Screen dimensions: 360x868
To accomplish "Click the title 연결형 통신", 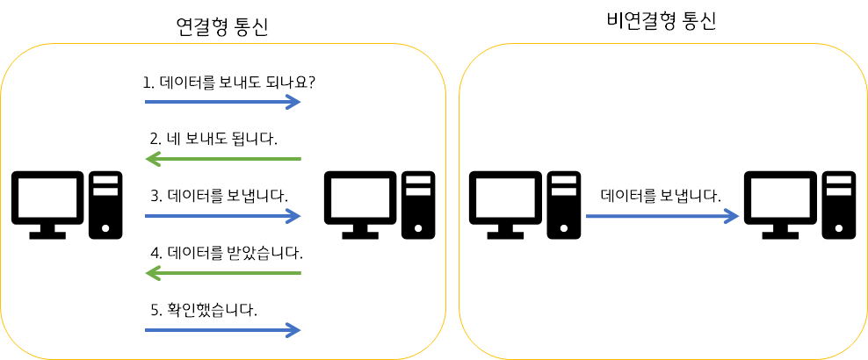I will tap(221, 27).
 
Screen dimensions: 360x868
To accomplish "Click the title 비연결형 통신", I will tap(661, 21).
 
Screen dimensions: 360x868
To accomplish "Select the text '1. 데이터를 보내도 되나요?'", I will tap(228, 83).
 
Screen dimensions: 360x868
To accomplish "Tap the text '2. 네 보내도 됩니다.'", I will tap(213, 139).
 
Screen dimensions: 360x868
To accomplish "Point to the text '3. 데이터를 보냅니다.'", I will tap(219, 196).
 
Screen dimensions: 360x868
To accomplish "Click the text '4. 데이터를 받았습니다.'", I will tap(226, 254).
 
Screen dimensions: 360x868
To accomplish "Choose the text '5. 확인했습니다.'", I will tap(204, 309).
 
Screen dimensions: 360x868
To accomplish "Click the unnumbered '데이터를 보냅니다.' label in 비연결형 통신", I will tap(661, 195).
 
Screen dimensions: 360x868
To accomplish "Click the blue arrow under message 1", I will tap(223, 102).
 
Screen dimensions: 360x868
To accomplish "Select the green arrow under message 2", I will tap(223, 159).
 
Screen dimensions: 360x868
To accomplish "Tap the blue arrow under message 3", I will tap(223, 216).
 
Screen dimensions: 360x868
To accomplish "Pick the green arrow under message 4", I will tap(223, 274).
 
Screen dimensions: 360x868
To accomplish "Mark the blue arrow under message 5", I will tap(223, 330).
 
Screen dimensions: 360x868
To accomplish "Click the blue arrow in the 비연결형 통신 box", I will tap(662, 216).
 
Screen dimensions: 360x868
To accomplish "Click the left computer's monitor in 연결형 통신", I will tap(47, 200).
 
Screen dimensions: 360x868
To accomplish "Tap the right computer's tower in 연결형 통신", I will tap(419, 205).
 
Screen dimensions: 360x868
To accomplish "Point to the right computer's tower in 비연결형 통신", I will tap(839, 205).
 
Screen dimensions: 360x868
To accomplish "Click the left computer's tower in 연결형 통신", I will tap(105, 205).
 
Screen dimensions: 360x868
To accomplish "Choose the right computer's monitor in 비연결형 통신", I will tap(781, 200).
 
